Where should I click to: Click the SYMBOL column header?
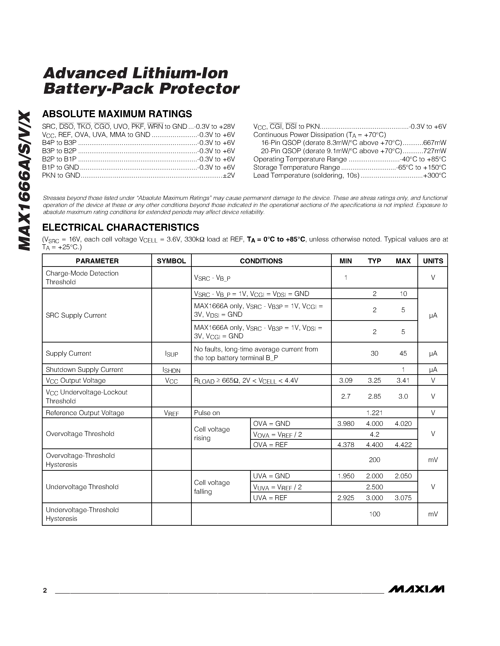pyautogui.click(x=171, y=261)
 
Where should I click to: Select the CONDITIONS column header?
pyautogui.click(x=261, y=261)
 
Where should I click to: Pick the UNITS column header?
pyautogui.click(x=433, y=261)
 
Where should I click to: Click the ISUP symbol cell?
pyautogui.click(x=171, y=354)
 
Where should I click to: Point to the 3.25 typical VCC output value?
pyautogui.click(x=374, y=380)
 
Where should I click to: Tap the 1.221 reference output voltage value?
pyautogui.click(x=374, y=413)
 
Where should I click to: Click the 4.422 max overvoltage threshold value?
pyautogui.click(x=403, y=445)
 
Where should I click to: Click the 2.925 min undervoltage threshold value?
pyautogui.click(x=346, y=498)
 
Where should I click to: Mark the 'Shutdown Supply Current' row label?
pyautogui.click(x=84, y=370)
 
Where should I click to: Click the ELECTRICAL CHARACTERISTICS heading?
pyautogui.click(x=120, y=227)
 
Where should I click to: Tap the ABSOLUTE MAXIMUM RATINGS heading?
pyautogui.click(x=117, y=114)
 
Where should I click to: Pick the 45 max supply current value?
pyautogui.click(x=403, y=354)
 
